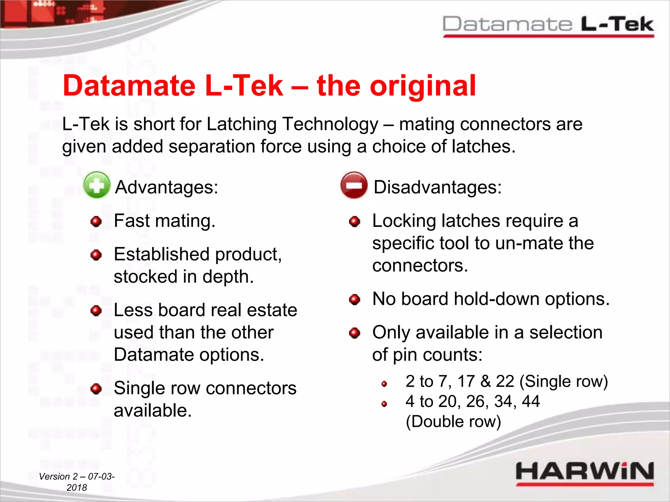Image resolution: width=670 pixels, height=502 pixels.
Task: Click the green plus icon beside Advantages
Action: pyautogui.click(x=97, y=185)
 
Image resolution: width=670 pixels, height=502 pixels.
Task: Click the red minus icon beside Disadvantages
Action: pyautogui.click(x=354, y=185)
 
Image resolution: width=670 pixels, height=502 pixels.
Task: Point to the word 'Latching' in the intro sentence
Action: pyautogui.click(x=241, y=124)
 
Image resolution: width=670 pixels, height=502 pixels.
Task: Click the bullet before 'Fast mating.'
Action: pyautogui.click(x=96, y=221)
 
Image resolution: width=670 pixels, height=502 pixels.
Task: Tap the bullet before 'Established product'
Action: pyautogui.click(x=96, y=255)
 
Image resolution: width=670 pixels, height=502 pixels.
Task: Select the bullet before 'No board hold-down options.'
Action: pyautogui.click(x=354, y=299)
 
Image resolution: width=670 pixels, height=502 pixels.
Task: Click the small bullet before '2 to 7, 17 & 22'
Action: pyautogui.click(x=384, y=384)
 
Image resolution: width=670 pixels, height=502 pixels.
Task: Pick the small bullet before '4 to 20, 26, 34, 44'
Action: pyautogui.click(x=384, y=404)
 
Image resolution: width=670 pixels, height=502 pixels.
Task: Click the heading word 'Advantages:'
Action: pyautogui.click(x=167, y=187)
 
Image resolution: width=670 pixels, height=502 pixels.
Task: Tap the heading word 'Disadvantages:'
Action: pyautogui.click(x=437, y=187)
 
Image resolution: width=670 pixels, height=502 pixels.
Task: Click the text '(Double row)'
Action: pyautogui.click(x=453, y=422)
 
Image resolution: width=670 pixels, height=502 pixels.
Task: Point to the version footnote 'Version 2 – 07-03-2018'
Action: pyautogui.click(x=77, y=482)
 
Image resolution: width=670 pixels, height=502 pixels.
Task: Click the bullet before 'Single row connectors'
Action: pyautogui.click(x=96, y=389)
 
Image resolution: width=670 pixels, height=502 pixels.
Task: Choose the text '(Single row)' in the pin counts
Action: pyautogui.click(x=563, y=381)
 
